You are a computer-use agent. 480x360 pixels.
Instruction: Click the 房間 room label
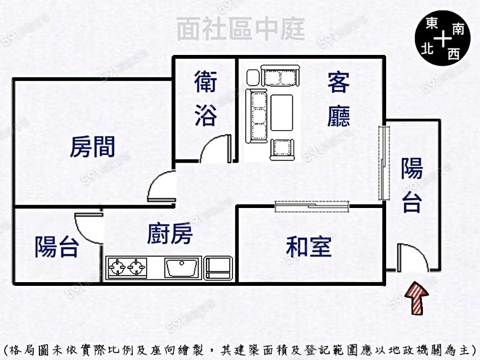click(x=92, y=146)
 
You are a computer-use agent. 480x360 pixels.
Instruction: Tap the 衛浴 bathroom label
click(x=205, y=100)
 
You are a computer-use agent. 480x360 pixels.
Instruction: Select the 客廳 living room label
click(x=339, y=100)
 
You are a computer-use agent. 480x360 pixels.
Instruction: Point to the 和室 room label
click(x=309, y=247)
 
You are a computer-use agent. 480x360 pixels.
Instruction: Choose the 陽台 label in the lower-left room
click(x=57, y=247)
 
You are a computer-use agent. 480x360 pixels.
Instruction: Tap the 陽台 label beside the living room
click(x=412, y=185)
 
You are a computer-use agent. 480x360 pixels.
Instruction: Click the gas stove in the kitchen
click(x=128, y=266)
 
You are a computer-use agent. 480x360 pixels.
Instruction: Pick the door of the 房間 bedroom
click(x=162, y=187)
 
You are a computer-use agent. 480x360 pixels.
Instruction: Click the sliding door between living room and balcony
click(x=383, y=163)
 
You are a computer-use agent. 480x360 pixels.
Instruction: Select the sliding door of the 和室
click(x=312, y=205)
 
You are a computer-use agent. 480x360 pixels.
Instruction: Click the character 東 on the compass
click(x=432, y=26)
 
